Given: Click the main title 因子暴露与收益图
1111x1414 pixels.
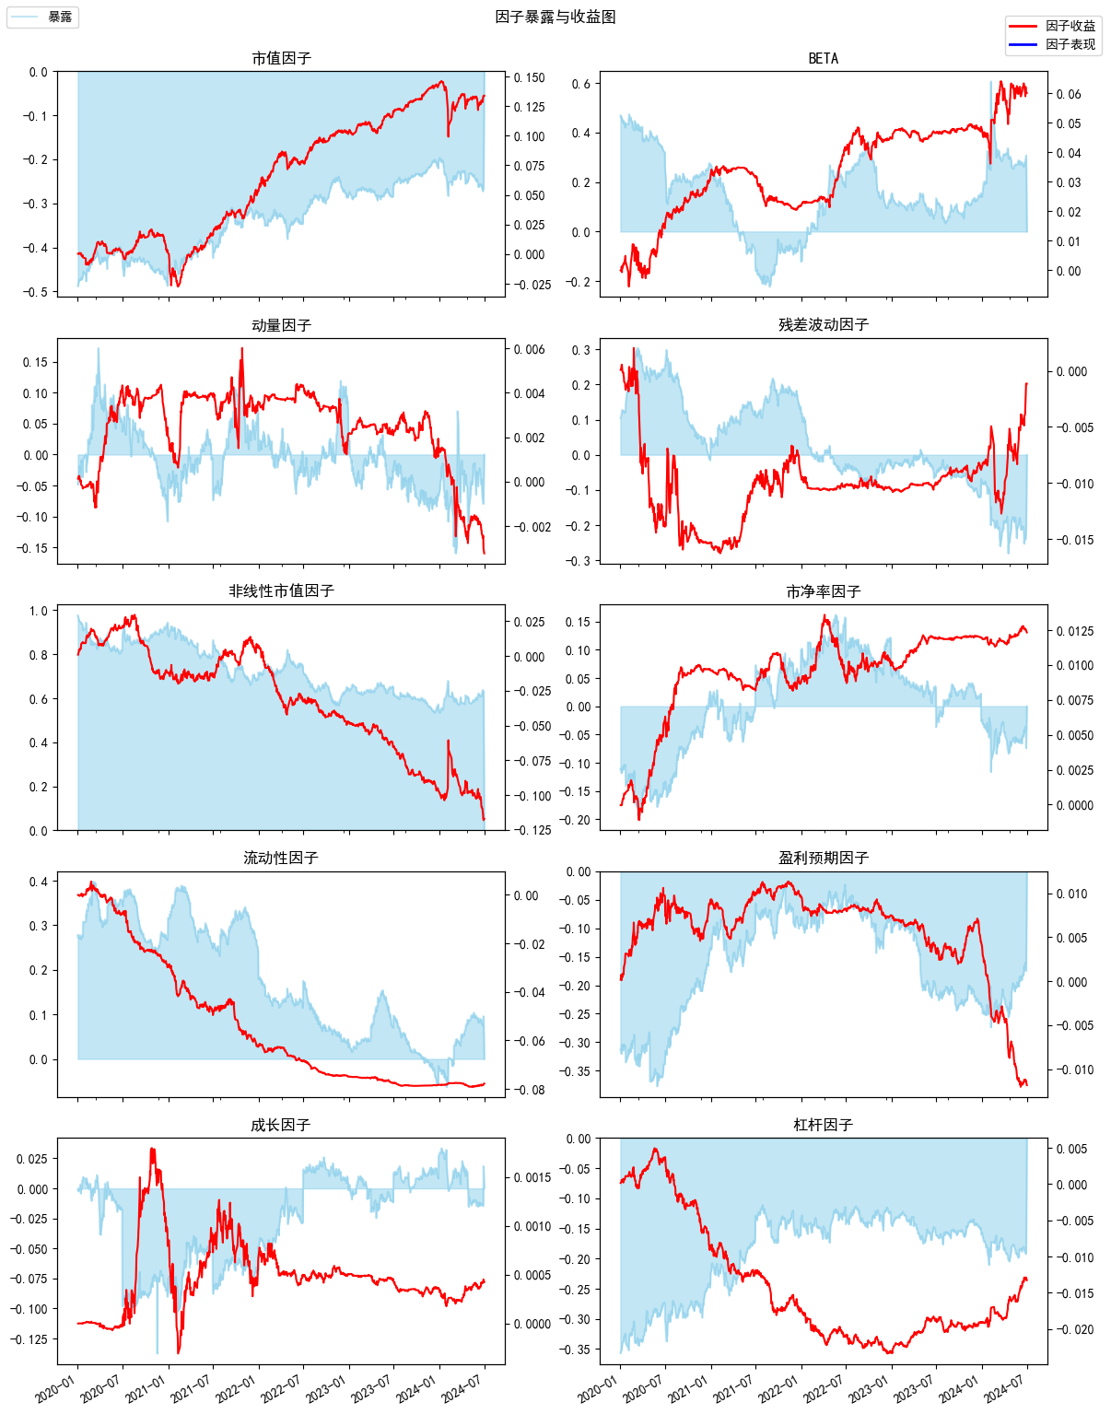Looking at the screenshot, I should click(555, 17).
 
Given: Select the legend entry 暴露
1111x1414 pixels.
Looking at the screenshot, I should click(60, 18).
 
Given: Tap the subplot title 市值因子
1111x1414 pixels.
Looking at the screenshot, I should click(281, 58).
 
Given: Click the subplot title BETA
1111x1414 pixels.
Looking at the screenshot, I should click(823, 58).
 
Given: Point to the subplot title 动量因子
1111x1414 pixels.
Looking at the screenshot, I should click(281, 325).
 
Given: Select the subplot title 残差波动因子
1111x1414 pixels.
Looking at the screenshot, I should click(823, 324).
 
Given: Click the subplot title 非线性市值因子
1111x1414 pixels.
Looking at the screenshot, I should click(281, 590).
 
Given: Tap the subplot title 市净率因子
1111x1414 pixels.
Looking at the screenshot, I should click(823, 591).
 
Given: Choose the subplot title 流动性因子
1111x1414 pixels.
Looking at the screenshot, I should click(281, 858).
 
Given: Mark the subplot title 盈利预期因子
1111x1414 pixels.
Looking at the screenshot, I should click(823, 858).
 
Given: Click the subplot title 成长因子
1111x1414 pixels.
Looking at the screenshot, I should click(281, 1125).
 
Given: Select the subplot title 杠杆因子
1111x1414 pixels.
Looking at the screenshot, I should click(823, 1125).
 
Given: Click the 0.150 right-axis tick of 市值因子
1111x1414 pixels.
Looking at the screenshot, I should click(530, 77).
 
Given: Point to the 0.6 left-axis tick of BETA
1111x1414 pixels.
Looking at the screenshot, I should click(581, 84).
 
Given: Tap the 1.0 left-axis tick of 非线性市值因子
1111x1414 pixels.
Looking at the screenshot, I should click(39, 611).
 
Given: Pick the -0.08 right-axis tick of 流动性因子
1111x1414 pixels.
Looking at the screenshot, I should click(530, 1090).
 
